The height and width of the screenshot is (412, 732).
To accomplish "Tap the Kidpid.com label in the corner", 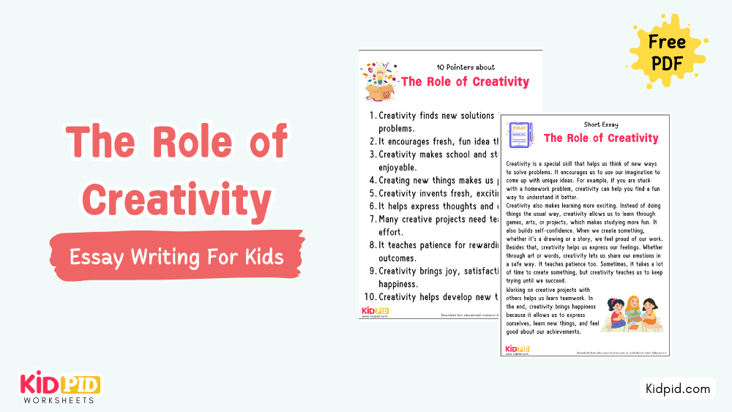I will [677, 389].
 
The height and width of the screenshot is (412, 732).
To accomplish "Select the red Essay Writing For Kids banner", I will [176, 258].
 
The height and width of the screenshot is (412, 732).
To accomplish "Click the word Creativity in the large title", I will [176, 200].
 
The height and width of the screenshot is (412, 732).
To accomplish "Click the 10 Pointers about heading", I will [465, 67].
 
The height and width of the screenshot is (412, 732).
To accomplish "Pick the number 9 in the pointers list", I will [373, 271].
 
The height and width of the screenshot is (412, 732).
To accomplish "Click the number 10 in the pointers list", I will [372, 296].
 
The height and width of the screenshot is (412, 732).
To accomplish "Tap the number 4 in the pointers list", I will [373, 180].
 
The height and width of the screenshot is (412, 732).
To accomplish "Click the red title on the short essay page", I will [601, 138].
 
